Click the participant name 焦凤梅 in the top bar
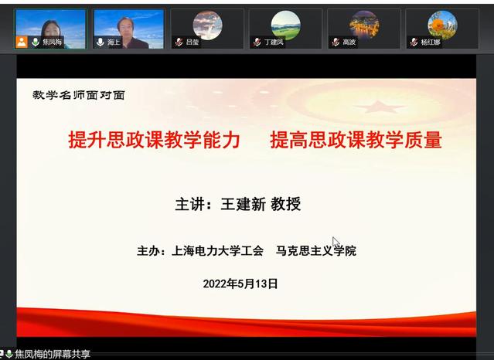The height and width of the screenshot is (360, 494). pyautogui.click(x=52, y=42)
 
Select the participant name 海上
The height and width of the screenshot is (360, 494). pyautogui.click(x=114, y=42)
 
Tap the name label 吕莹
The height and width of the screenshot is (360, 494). pyautogui.click(x=192, y=42)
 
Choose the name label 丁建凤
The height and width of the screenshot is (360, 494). pyautogui.click(x=274, y=42)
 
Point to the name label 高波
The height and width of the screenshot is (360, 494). pyautogui.click(x=349, y=42)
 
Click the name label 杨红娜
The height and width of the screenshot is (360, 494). pyautogui.click(x=431, y=42)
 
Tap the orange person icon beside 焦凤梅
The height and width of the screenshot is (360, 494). pyautogui.click(x=22, y=42)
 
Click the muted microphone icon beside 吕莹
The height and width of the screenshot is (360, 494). pyautogui.click(x=179, y=42)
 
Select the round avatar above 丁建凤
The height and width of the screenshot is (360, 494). pyautogui.click(x=286, y=25)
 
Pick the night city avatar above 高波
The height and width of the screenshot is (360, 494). pyautogui.click(x=364, y=25)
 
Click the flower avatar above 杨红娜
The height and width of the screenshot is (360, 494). pyautogui.click(x=443, y=25)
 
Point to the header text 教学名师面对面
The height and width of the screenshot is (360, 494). pyautogui.click(x=79, y=95)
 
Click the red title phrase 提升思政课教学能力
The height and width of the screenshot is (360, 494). pyautogui.click(x=155, y=140)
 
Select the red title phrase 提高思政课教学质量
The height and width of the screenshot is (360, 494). pyautogui.click(x=356, y=140)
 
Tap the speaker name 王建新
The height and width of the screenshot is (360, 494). pyautogui.click(x=244, y=204)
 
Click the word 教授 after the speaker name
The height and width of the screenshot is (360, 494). pyautogui.click(x=286, y=204)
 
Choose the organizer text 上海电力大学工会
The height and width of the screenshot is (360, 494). pyautogui.click(x=217, y=251)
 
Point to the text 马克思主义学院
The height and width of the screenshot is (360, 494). pyautogui.click(x=316, y=251)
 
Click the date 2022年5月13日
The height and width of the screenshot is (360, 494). pyautogui.click(x=240, y=284)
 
